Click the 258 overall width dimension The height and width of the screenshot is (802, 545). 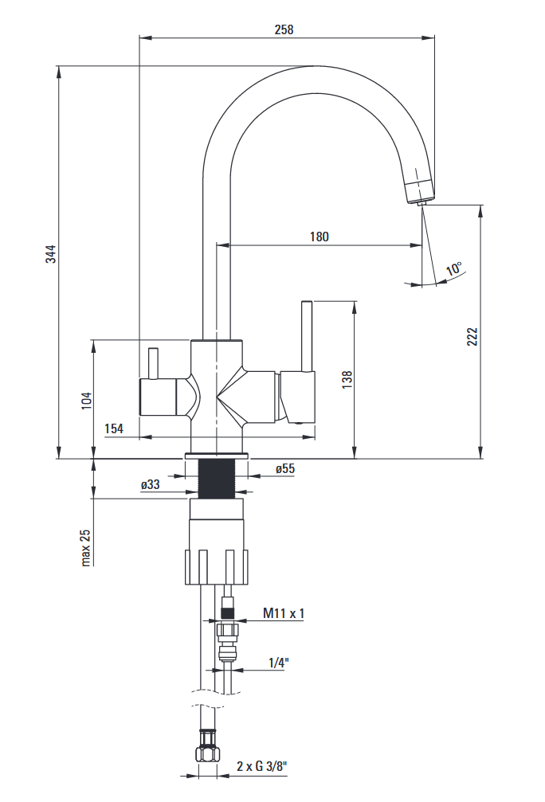pyautogui.click(x=284, y=30)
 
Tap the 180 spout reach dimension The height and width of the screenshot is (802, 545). pyautogui.click(x=319, y=237)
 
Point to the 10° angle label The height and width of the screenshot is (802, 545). pyautogui.click(x=455, y=269)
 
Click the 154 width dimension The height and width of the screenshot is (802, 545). pyautogui.click(x=114, y=429)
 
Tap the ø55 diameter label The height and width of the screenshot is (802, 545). pyautogui.click(x=284, y=469)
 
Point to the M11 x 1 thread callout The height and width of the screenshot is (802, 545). pyautogui.click(x=284, y=613)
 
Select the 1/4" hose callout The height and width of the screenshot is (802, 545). pyautogui.click(x=277, y=663)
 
